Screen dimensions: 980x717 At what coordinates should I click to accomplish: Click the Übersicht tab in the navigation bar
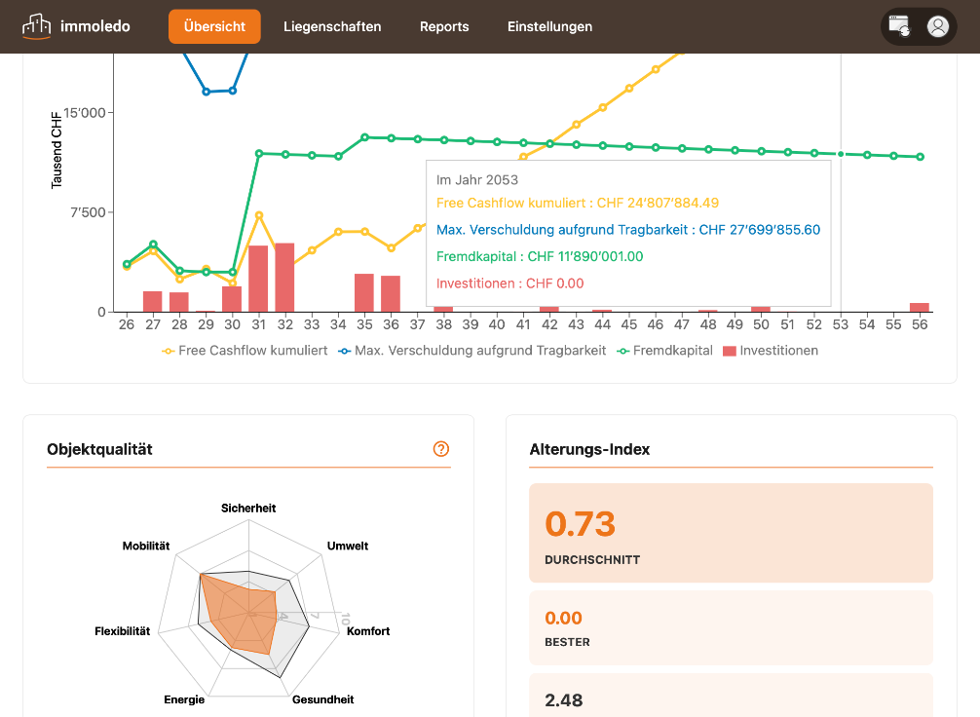coord(214,26)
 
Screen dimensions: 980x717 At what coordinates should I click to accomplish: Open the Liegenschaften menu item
coord(332,26)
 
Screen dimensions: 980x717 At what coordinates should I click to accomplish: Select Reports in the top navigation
coord(444,26)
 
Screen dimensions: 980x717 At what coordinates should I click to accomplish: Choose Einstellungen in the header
coord(549,26)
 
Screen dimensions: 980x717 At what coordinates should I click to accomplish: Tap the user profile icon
coord(937,26)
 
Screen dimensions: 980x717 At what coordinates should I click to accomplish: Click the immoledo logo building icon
coord(36,25)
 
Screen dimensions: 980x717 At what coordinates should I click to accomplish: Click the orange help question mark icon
coord(441,449)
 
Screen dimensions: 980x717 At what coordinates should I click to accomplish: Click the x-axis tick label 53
coord(840,324)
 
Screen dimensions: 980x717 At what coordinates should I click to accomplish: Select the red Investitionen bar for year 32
coord(285,278)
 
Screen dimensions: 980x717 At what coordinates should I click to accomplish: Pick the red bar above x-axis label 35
coord(364,292)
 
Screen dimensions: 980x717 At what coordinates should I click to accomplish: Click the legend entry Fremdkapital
coord(665,351)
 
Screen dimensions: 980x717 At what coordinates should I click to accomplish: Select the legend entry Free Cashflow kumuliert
coord(245,351)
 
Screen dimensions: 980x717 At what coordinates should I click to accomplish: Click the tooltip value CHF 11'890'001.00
coord(585,256)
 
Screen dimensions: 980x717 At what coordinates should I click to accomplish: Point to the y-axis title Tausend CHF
coord(57,150)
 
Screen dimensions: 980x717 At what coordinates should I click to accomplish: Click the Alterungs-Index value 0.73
coord(580,524)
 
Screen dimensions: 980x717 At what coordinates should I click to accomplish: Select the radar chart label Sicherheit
coord(248,509)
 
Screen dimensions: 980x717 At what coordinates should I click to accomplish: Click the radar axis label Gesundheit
coord(322,699)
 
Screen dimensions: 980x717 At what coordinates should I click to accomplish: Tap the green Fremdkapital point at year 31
coord(259,153)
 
